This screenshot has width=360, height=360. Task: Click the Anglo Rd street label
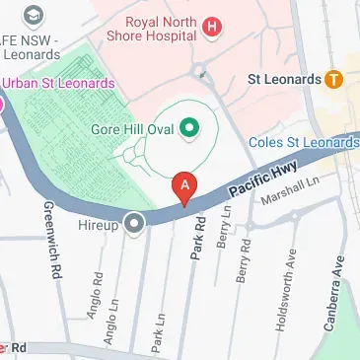(98, 297)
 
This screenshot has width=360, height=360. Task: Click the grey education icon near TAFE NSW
(35, 16)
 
